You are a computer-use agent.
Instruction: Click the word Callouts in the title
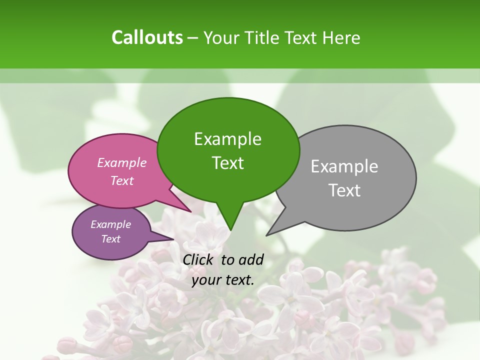pos(147,37)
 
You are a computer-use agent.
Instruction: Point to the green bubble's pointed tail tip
pos(230,230)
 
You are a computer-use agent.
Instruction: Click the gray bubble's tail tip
pos(267,235)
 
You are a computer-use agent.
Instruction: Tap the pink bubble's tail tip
pos(191,211)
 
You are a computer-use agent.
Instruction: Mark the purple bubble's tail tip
pos(173,239)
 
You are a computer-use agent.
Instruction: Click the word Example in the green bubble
pos(227,139)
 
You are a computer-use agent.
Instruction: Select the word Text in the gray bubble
pos(344,190)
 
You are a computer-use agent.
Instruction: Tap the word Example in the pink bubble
pos(122,162)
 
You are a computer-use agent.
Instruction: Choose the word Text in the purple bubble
pos(111,239)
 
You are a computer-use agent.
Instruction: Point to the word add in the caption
pos(250,259)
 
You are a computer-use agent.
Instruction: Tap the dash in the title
pos(193,37)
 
